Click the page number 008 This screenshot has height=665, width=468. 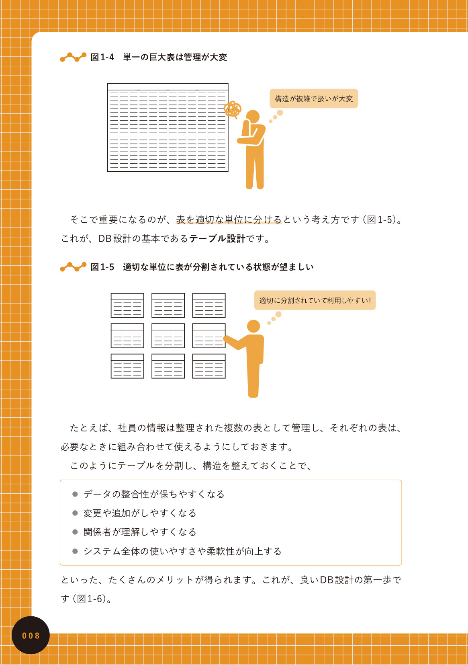click(31, 636)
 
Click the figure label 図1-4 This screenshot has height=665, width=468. click(102, 57)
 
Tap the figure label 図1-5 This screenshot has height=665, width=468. click(102, 267)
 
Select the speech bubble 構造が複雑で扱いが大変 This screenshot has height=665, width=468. click(313, 99)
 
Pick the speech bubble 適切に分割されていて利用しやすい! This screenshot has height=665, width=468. click(315, 300)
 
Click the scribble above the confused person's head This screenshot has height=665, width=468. click(233, 109)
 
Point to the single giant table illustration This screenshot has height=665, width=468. click(168, 127)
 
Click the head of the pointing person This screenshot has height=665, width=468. click(253, 326)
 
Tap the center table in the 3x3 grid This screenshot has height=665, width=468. click(168, 336)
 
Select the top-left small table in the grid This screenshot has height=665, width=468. click(127, 306)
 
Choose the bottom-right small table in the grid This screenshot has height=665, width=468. click(209, 366)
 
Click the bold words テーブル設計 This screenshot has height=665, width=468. click(217, 239)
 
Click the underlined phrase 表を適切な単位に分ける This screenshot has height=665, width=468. click(229, 220)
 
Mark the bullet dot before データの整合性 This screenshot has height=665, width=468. click(75, 494)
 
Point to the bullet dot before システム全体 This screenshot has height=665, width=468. click(75, 551)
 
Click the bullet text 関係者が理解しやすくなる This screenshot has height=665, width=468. click(140, 532)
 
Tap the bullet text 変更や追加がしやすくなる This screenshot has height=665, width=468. click(140, 513)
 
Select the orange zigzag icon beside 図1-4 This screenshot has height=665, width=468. click(73, 57)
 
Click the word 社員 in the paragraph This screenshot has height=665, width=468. click(127, 428)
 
